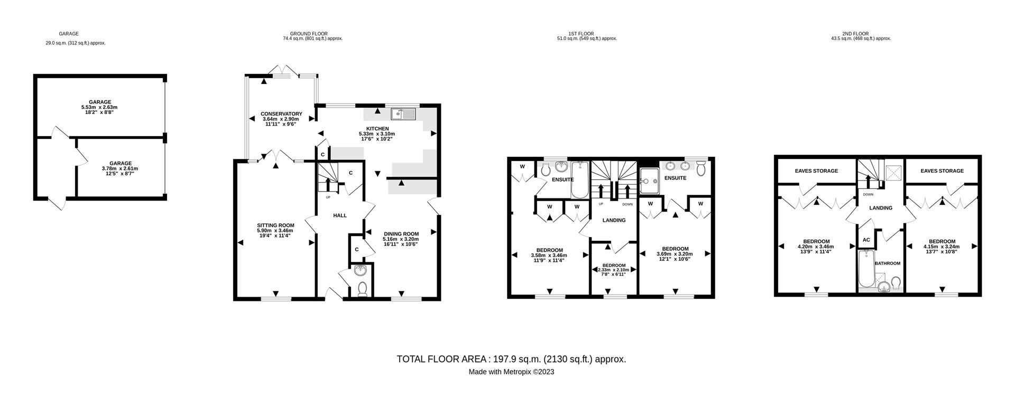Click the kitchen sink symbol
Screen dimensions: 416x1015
tap(404, 114)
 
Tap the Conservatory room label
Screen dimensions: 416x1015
tap(281, 114)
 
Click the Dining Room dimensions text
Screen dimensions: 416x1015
tap(401, 241)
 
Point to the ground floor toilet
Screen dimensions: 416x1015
tap(363, 289)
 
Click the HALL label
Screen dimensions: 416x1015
tap(340, 215)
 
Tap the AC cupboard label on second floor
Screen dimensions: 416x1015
tap(866, 240)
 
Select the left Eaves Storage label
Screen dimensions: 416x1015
tap(816, 171)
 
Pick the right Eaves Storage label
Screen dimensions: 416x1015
tap(942, 171)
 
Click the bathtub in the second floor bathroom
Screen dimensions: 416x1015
tap(866, 269)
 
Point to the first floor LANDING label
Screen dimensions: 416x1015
tap(614, 221)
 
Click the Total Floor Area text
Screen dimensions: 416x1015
tap(511, 360)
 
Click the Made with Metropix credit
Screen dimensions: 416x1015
tap(511, 372)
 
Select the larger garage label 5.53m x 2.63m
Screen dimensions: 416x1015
tap(100, 105)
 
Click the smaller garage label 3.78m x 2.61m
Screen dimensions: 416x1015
tap(121, 166)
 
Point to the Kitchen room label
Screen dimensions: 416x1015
tap(377, 129)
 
